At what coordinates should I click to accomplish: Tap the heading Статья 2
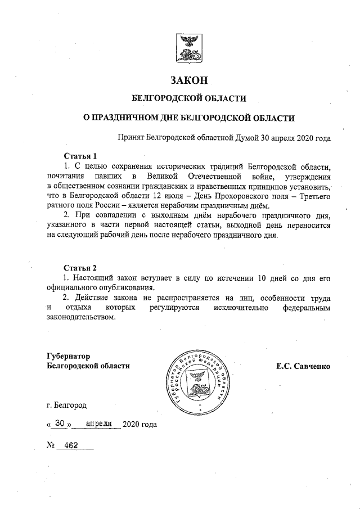[x=80, y=267]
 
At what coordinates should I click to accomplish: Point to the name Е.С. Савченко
[x=303, y=366]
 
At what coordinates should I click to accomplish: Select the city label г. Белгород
[x=67, y=404]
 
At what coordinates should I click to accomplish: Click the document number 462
[x=71, y=445]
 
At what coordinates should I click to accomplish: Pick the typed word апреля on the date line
[x=99, y=423]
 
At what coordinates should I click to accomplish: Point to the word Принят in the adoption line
[x=130, y=137]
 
